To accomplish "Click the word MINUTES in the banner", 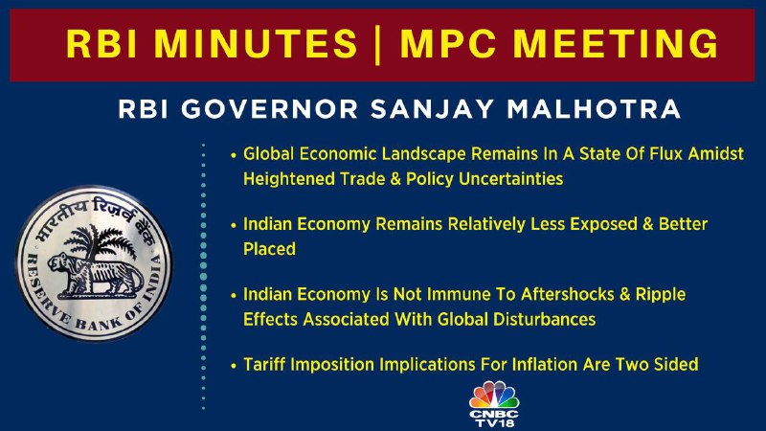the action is coord(256,44).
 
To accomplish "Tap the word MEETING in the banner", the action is coord(616,44).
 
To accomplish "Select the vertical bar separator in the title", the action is coord(377,45).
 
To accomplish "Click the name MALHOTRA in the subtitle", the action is coord(594,109).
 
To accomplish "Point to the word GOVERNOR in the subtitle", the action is coord(270,109).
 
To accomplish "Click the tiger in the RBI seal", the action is coord(95,276).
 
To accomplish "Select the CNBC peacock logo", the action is coord(494,395).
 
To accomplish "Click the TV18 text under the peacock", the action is coord(495,422).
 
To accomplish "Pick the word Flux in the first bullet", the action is coord(666,154).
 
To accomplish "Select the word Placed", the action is coord(270,249).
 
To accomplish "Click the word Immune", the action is coord(459,294).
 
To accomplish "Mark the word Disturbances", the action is coord(544,320).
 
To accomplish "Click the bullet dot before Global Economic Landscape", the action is coord(234,155).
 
